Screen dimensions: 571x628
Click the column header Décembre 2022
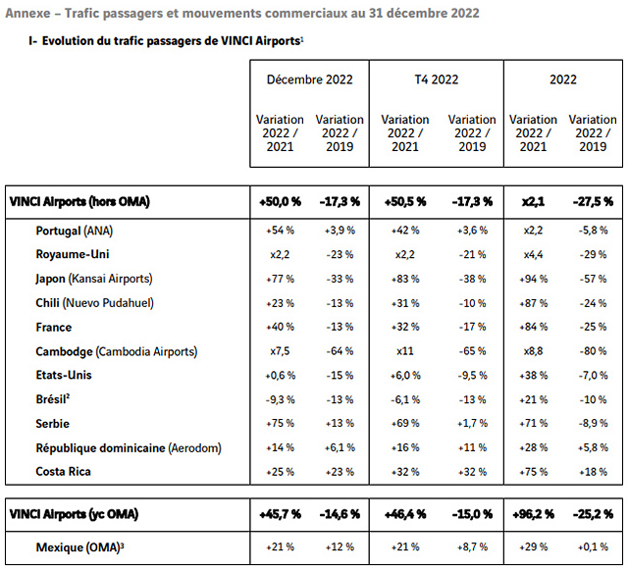(x=309, y=79)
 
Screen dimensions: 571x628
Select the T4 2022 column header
(x=436, y=79)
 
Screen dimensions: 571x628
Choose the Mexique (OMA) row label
(x=82, y=545)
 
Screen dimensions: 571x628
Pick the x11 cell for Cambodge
(x=404, y=350)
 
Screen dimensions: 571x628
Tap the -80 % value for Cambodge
(x=592, y=350)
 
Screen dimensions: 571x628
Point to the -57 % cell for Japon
(x=592, y=278)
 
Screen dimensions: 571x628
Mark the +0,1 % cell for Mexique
(x=592, y=545)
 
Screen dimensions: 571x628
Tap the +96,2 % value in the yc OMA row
(x=534, y=513)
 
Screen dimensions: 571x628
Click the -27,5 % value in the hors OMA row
(x=592, y=201)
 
